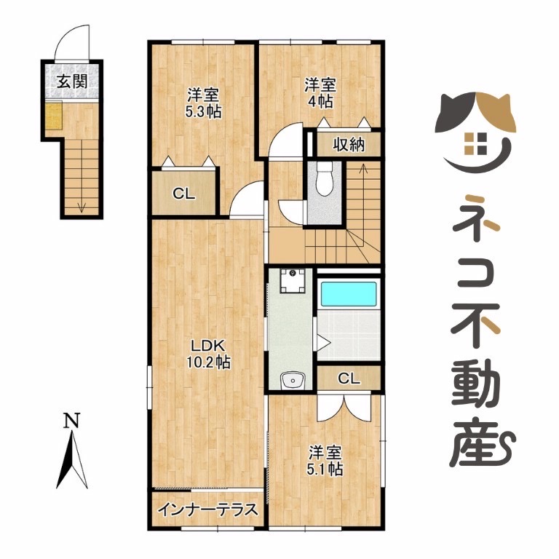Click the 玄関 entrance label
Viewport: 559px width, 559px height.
tap(72, 82)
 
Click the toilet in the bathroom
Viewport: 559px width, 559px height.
tap(324, 178)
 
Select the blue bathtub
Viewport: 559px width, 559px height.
tap(349, 294)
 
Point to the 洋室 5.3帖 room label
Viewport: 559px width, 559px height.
tap(203, 103)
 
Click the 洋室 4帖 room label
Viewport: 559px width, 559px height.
tap(320, 93)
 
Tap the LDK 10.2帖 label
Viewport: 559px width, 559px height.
tap(208, 354)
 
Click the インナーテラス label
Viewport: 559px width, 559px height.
tap(207, 509)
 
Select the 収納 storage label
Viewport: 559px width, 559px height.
tap(349, 145)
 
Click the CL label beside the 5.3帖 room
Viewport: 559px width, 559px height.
tap(184, 194)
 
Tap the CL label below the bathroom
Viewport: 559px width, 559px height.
tap(349, 378)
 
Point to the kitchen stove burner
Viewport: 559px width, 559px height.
tap(293, 280)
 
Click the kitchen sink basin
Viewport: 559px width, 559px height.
tap(293, 381)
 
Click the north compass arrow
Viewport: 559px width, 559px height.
tap(72, 459)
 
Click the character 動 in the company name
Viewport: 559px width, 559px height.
tap(475, 383)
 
